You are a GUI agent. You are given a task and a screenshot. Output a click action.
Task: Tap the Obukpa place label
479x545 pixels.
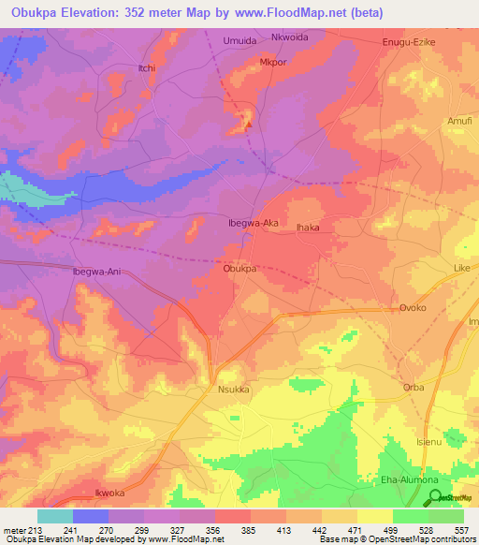click(x=239, y=268)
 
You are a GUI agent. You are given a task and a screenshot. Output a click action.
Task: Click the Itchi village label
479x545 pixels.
click(x=120, y=68)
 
